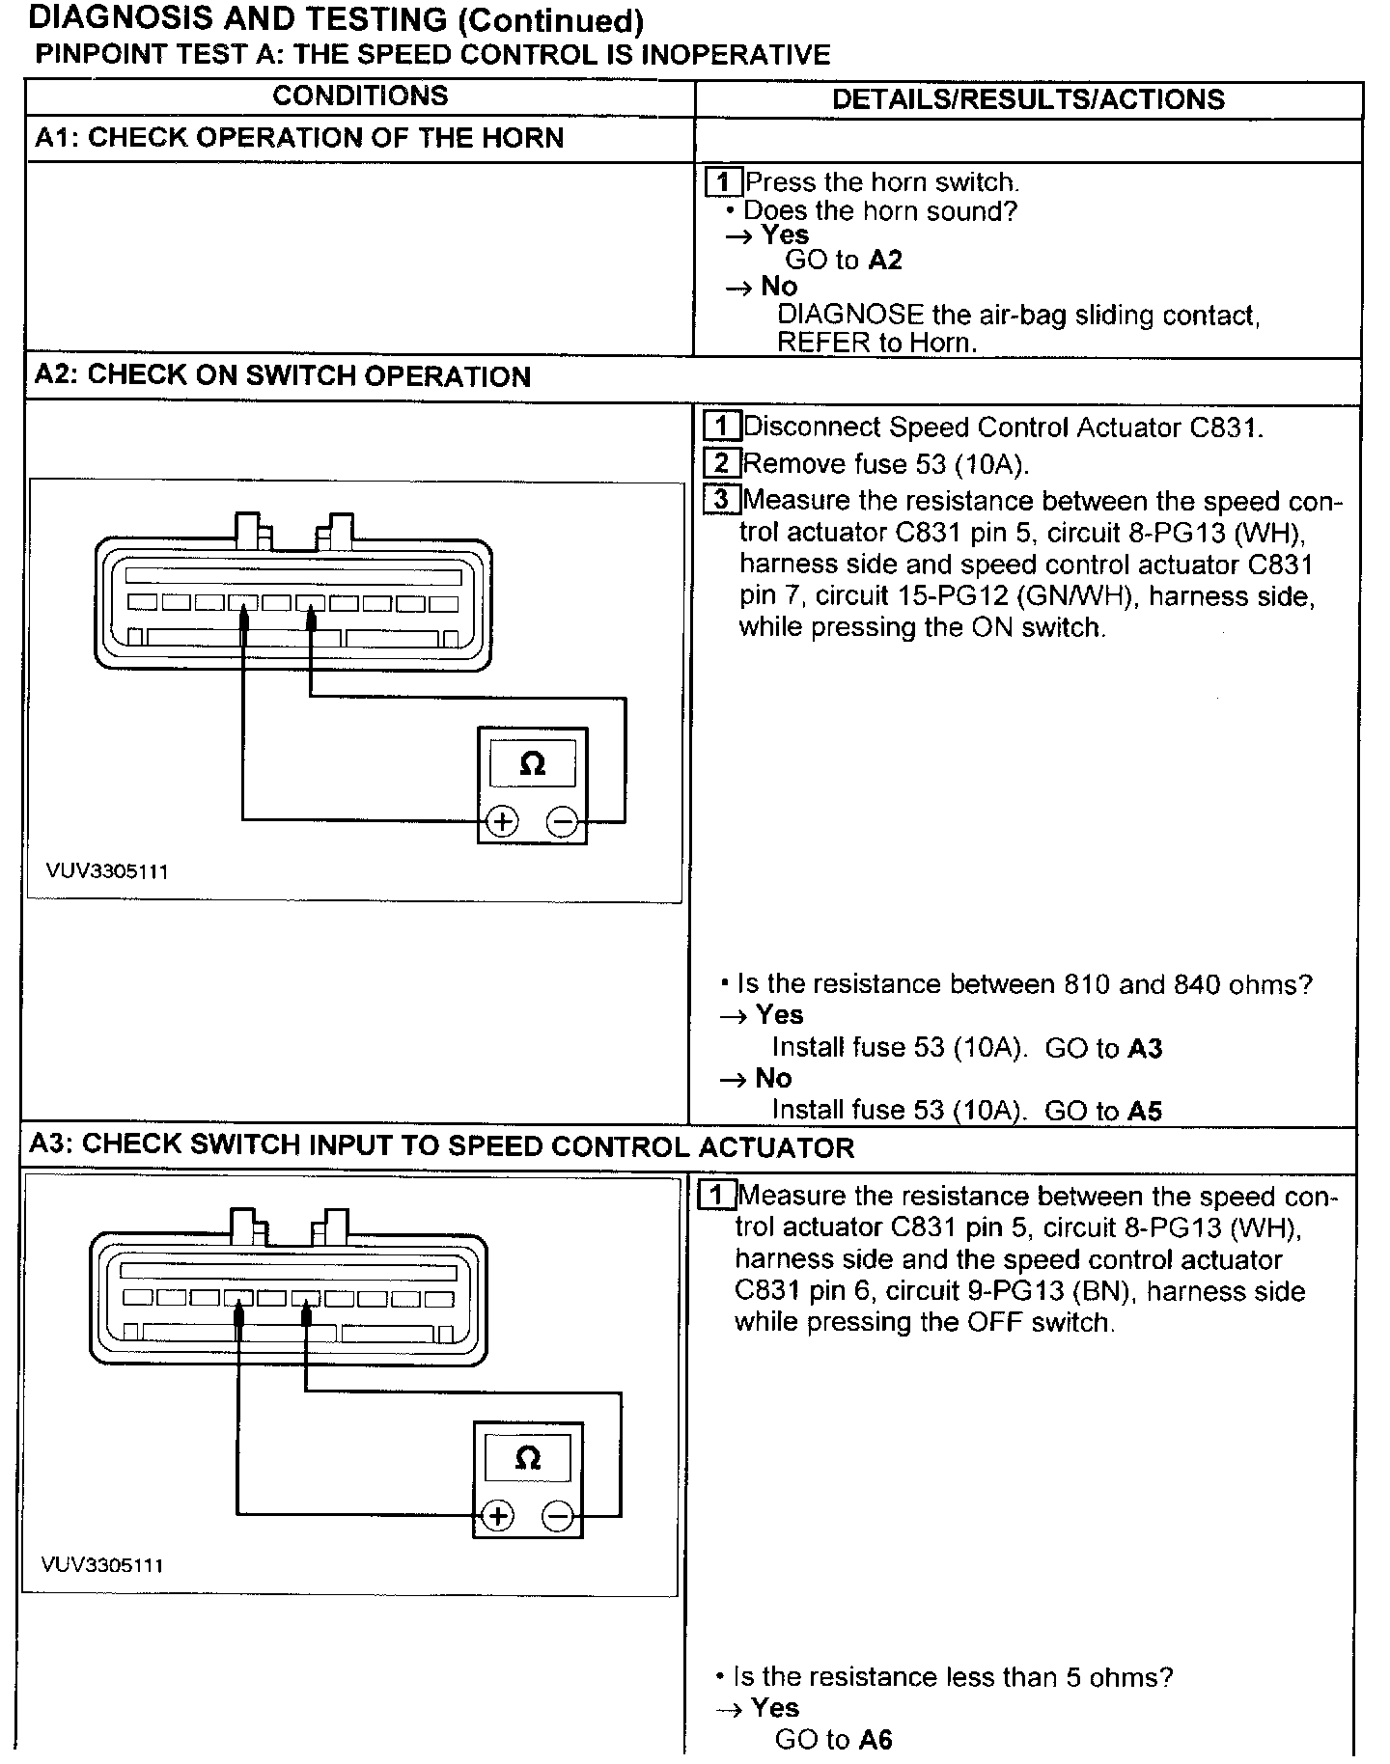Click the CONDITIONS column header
click(x=360, y=96)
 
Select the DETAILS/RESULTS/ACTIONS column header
click(x=1028, y=99)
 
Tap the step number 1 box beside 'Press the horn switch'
click(x=724, y=181)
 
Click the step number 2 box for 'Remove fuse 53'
click(x=722, y=463)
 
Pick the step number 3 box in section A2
click(x=722, y=499)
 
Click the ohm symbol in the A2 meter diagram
click(x=532, y=764)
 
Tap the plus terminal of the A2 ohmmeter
click(x=502, y=821)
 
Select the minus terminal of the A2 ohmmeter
click(x=562, y=821)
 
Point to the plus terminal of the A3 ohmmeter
click(x=497, y=1516)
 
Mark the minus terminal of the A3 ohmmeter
click(x=557, y=1516)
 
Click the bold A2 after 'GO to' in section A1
click(x=885, y=260)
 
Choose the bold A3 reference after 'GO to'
click(x=1145, y=1048)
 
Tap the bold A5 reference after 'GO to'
click(x=1145, y=1111)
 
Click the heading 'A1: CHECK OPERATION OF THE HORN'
click(x=299, y=138)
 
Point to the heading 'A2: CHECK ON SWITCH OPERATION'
click(x=282, y=375)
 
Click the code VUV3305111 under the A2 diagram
click(x=107, y=871)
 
